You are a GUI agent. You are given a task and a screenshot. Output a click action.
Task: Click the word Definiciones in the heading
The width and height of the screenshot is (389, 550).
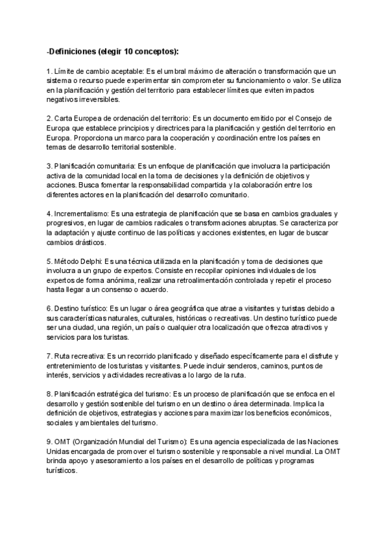[73, 51]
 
